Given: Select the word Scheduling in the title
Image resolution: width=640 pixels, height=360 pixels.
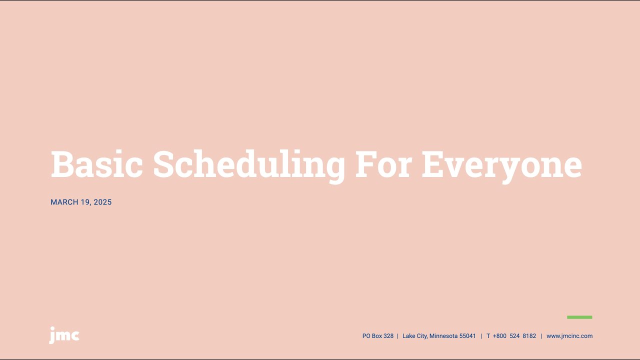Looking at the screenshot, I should pos(249,164).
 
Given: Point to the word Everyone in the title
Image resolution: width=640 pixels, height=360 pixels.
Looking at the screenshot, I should pos(501,164).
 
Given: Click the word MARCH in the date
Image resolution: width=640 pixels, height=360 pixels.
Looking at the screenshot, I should pos(64,202).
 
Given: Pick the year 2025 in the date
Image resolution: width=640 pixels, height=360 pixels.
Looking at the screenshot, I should pos(103,202).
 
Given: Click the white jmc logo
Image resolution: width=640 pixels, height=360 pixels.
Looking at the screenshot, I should pos(64,335).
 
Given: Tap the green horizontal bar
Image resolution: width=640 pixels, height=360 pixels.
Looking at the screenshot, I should pos(579,317).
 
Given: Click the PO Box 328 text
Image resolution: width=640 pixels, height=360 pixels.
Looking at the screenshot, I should pos(378,336).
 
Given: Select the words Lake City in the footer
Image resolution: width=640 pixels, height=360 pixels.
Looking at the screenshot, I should pos(414,336).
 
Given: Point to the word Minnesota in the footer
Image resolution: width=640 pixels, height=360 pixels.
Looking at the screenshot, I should pos(443,336).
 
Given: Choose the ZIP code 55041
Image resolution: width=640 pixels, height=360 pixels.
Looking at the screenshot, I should pos(467,336).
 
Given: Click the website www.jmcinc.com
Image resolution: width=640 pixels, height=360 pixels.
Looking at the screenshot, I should pos(569,336).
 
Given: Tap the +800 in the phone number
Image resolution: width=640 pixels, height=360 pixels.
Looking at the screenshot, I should pos(499,336).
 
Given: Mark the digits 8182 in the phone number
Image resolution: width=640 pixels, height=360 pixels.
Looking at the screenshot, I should pos(529,336).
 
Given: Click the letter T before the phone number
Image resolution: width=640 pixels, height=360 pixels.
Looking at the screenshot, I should pos(488,336).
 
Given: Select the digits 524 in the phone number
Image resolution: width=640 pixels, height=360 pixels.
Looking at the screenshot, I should pos(514,336).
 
